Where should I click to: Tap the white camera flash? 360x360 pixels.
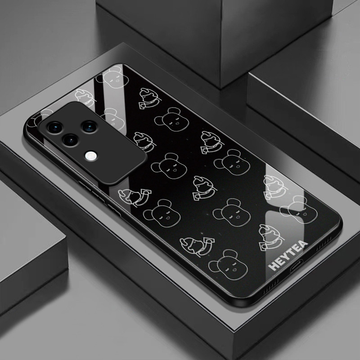pyautogui.click(x=91, y=156)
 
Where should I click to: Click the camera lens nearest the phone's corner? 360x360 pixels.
pyautogui.click(x=55, y=127)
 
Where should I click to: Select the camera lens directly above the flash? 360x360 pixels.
pyautogui.click(x=89, y=127)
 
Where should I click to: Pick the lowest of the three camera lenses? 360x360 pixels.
pyautogui.click(x=71, y=139)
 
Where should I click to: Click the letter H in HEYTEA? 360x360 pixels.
pyautogui.click(x=273, y=266)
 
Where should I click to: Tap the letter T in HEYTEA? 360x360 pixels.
pyautogui.click(x=292, y=251)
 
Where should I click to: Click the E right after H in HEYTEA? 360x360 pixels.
pyautogui.click(x=280, y=261)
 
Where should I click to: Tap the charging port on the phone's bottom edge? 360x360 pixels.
pyautogui.click(x=296, y=265)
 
